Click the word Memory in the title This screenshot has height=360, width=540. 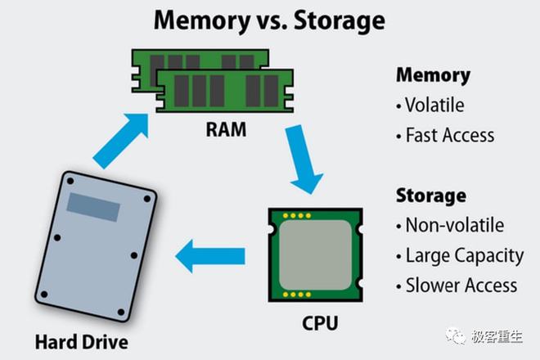pyautogui.click(x=202, y=21)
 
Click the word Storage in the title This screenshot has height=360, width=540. pyautogui.click(x=340, y=21)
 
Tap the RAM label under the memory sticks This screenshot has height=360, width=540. pyautogui.click(x=226, y=129)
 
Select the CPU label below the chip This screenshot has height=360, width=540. pyautogui.click(x=320, y=323)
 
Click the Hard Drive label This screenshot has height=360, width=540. pyautogui.click(x=82, y=342)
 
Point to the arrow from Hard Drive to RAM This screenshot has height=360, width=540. pyautogui.click(x=121, y=140)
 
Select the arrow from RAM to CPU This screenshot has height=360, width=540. pyautogui.click(x=304, y=160)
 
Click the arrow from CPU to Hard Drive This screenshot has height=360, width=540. pyautogui.click(x=210, y=256)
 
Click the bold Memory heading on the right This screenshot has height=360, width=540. pyautogui.click(x=434, y=75)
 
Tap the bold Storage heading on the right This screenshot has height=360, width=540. pyautogui.click(x=431, y=196)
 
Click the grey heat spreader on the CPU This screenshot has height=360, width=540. pyautogui.click(x=315, y=255)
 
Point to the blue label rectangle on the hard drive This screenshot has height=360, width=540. pyautogui.click(x=93, y=207)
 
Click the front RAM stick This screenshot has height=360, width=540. pyautogui.click(x=224, y=91)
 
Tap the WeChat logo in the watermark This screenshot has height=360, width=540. pyautogui.click(x=456, y=336)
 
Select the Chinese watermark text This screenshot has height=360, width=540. pyautogui.click(x=497, y=336)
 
